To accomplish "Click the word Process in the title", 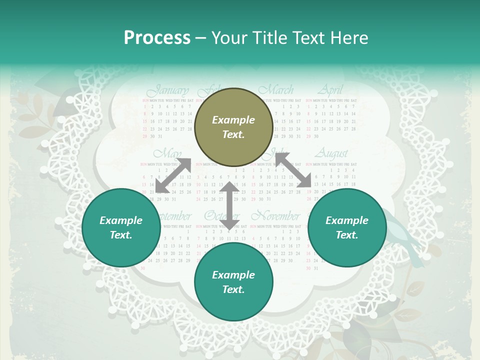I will pos(157,38).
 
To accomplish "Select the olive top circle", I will pos(233,127).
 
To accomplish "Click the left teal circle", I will pos(121,228).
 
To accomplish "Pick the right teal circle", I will pos(346,228).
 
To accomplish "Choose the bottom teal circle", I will pos(233,282).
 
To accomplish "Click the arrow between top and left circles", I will pos(173,175).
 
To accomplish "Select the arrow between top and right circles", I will pos(293,170).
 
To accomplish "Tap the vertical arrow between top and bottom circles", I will pos(229,206).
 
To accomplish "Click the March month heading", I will pos(276,90).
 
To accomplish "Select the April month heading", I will pos(330,90).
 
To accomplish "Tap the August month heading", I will pos(330,153).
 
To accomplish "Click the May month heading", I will pos(167,153).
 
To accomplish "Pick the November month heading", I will pos(275,216).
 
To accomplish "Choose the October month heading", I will pos(222,216).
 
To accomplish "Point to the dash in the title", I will pos(201,38).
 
